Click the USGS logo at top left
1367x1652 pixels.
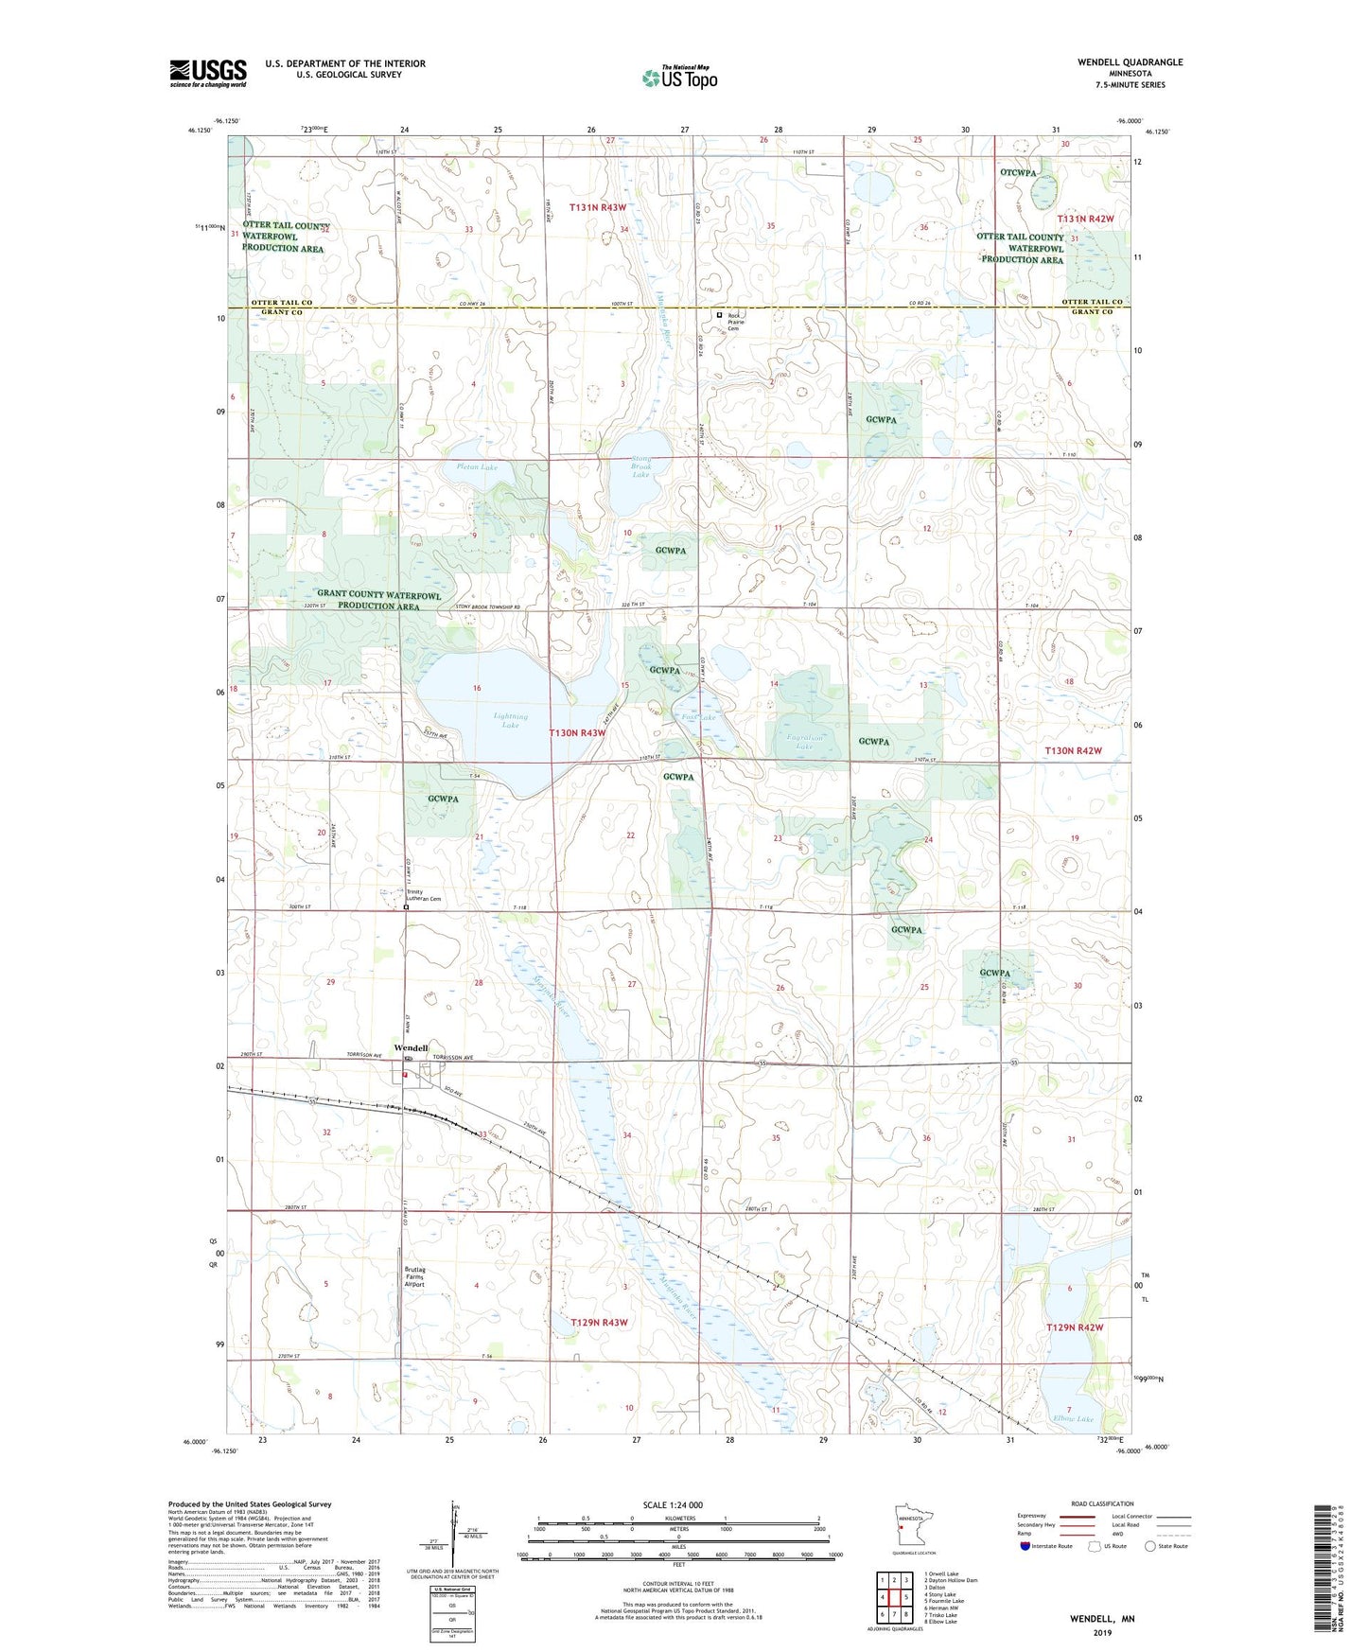pyautogui.click(x=208, y=73)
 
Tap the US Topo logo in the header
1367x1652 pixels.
pyautogui.click(x=679, y=78)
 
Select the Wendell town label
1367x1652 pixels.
pyautogui.click(x=411, y=1048)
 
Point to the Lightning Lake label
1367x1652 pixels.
pyautogui.click(x=510, y=721)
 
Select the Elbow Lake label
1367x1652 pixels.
pyautogui.click(x=1072, y=1419)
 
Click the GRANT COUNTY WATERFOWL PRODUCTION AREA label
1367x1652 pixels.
pyautogui.click(x=378, y=601)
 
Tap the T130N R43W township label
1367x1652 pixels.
pyautogui.click(x=576, y=733)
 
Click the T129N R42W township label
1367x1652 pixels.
pyautogui.click(x=1074, y=1327)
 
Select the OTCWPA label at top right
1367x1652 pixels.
pyautogui.click(x=1018, y=172)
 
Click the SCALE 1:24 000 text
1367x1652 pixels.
pyautogui.click(x=673, y=1505)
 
